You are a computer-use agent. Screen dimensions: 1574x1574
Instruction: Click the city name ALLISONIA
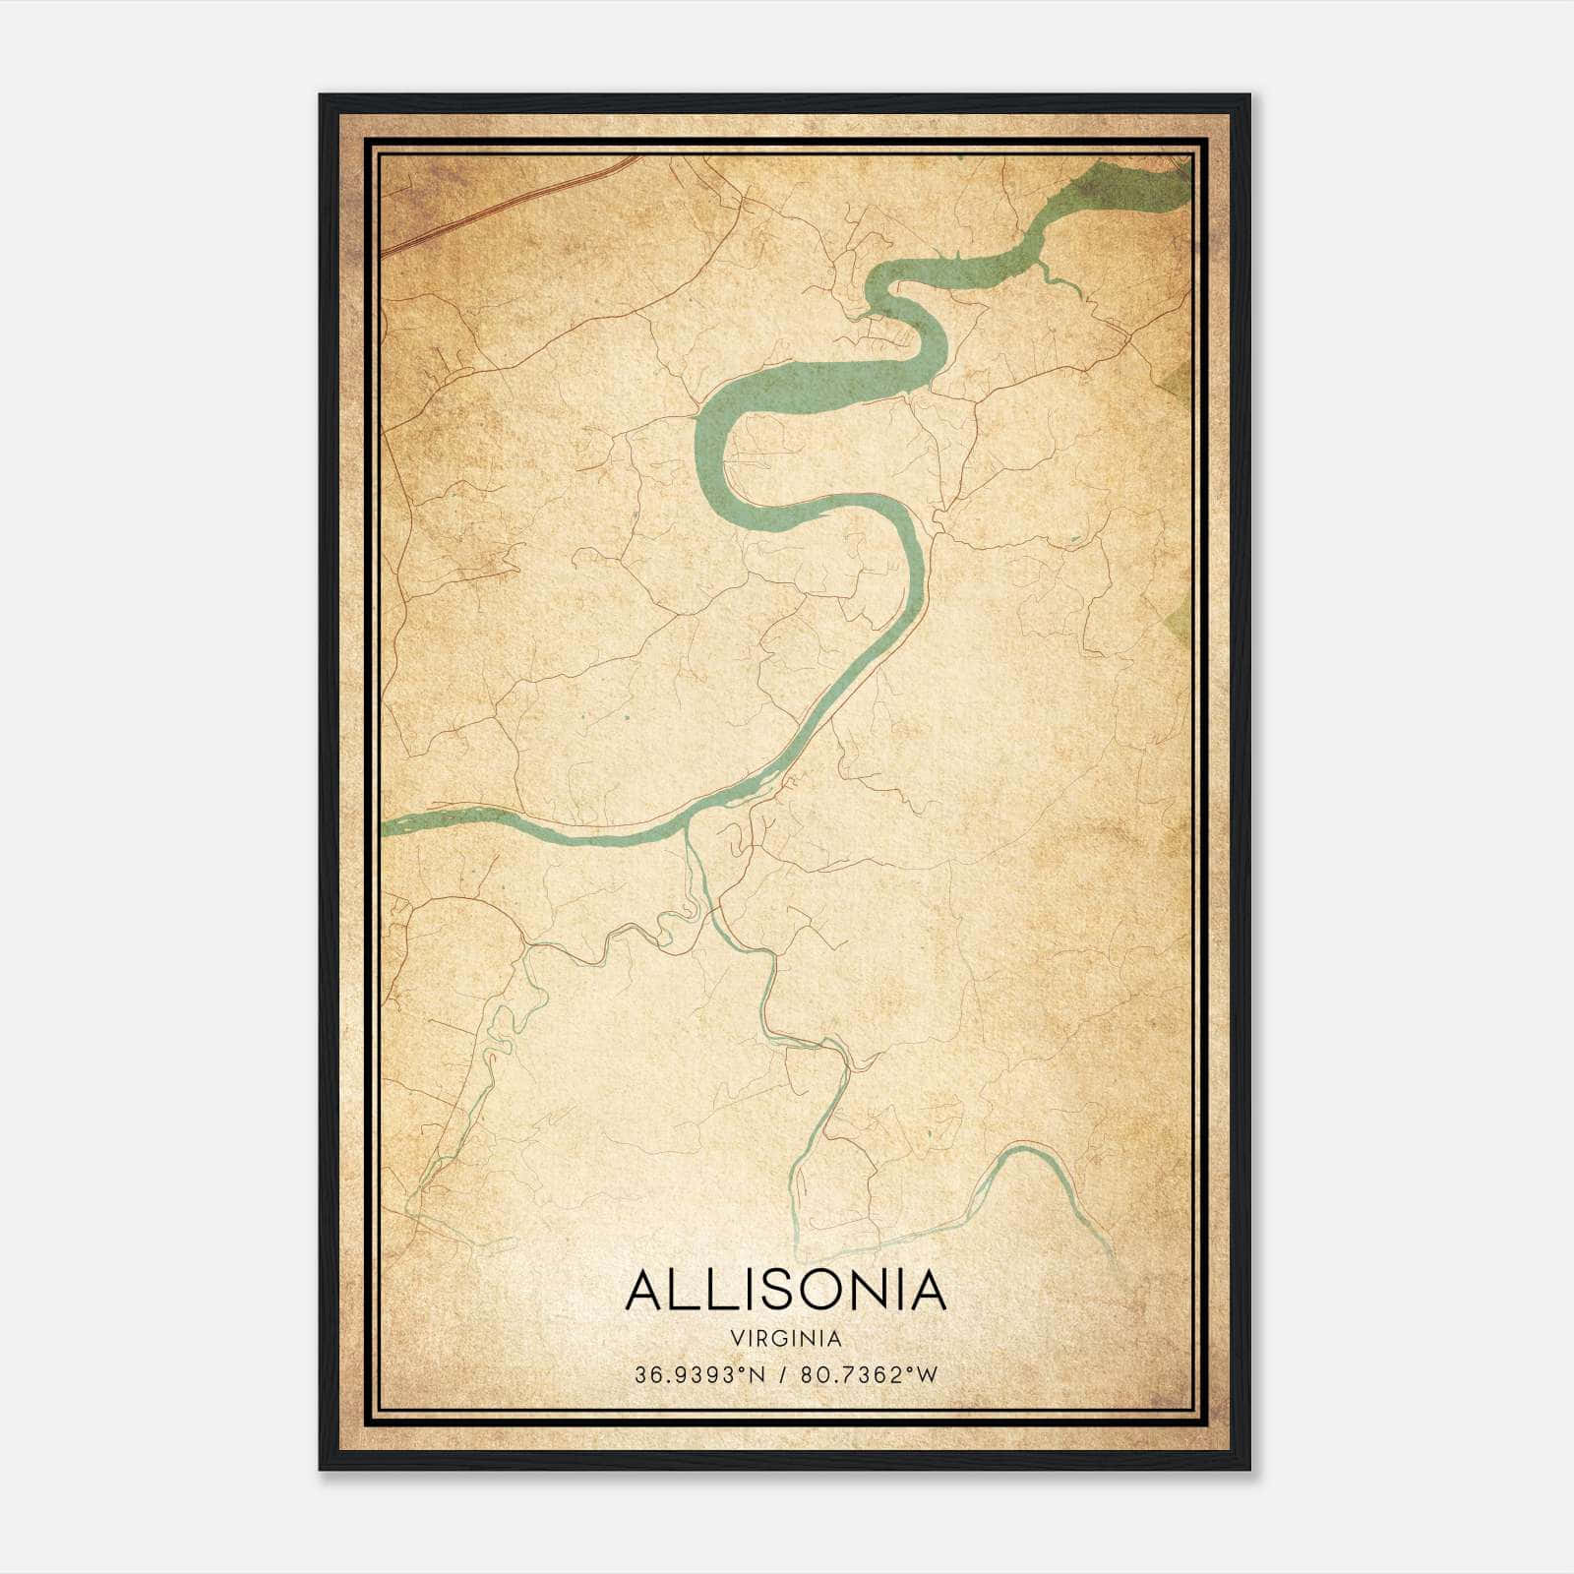[x=785, y=1290]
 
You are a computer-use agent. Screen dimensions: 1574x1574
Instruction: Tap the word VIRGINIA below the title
[x=785, y=1339]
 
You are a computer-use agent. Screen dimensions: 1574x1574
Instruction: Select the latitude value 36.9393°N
[x=699, y=1375]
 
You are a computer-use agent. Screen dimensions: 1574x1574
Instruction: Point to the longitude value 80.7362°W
[x=870, y=1375]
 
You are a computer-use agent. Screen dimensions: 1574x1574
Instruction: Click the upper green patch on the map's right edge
[x=1180, y=379]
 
